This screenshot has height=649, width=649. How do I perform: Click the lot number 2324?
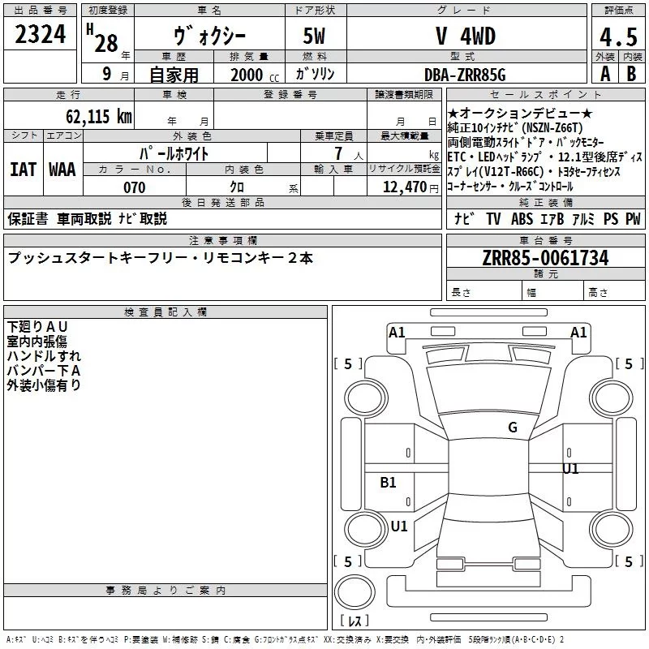tap(40, 36)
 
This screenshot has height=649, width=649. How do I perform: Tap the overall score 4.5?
tap(617, 38)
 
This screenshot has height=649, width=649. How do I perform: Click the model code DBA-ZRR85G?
tap(465, 75)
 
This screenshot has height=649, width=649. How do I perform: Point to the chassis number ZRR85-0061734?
tap(545, 259)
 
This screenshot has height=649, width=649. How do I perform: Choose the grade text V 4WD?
tap(465, 37)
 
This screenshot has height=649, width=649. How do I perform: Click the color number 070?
tap(134, 187)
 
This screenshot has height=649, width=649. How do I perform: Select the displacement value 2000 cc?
tap(253, 75)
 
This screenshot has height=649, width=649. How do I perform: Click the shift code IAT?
tap(23, 170)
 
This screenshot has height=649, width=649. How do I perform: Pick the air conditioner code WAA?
tap(62, 170)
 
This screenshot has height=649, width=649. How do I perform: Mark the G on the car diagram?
tap(512, 428)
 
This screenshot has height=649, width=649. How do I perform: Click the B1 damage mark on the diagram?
tap(389, 483)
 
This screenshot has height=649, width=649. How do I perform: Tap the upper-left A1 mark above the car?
tap(397, 332)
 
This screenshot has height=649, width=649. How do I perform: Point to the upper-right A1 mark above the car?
tap(578, 332)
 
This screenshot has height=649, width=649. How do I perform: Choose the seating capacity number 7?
tap(336, 153)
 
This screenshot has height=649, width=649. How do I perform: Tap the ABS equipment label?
tap(522, 218)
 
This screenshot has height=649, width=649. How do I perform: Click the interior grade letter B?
tap(631, 74)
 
